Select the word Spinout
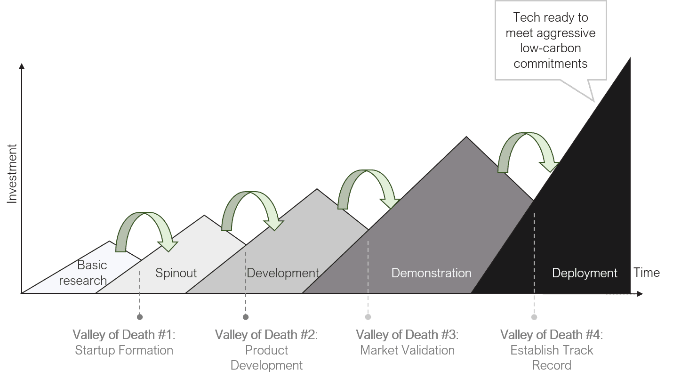176,273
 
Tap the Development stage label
283,273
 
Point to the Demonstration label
431,273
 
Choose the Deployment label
585,273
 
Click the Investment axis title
13,173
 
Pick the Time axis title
647,272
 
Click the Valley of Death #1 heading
124,335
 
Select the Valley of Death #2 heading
266,335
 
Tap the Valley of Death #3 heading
407,335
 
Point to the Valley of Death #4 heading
551,335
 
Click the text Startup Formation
124,350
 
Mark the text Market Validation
407,350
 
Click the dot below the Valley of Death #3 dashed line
368,317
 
